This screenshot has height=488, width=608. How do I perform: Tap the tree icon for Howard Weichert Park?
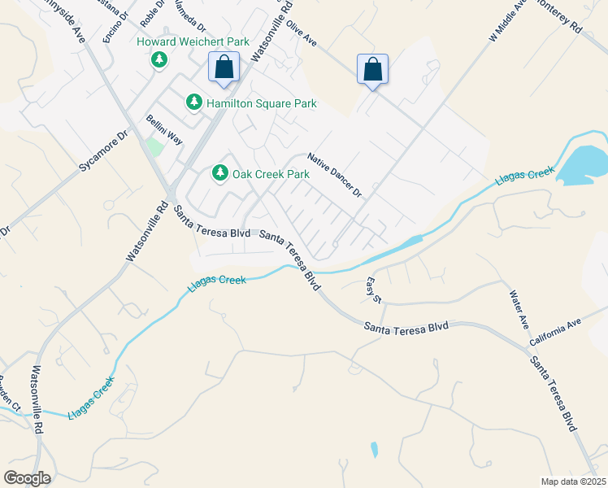click(159, 59)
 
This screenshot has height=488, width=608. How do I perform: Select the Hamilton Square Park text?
click(261, 103)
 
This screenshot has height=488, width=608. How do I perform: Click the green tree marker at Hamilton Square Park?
click(193, 102)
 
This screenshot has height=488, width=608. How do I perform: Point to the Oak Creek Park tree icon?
click(219, 173)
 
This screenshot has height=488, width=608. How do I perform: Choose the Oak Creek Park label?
click(271, 174)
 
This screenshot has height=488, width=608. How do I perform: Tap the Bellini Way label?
click(165, 130)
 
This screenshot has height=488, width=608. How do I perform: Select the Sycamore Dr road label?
click(104, 151)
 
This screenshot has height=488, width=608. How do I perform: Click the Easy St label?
click(373, 290)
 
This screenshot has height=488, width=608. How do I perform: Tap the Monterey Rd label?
click(564, 15)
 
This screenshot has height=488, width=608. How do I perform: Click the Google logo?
click(26, 478)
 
